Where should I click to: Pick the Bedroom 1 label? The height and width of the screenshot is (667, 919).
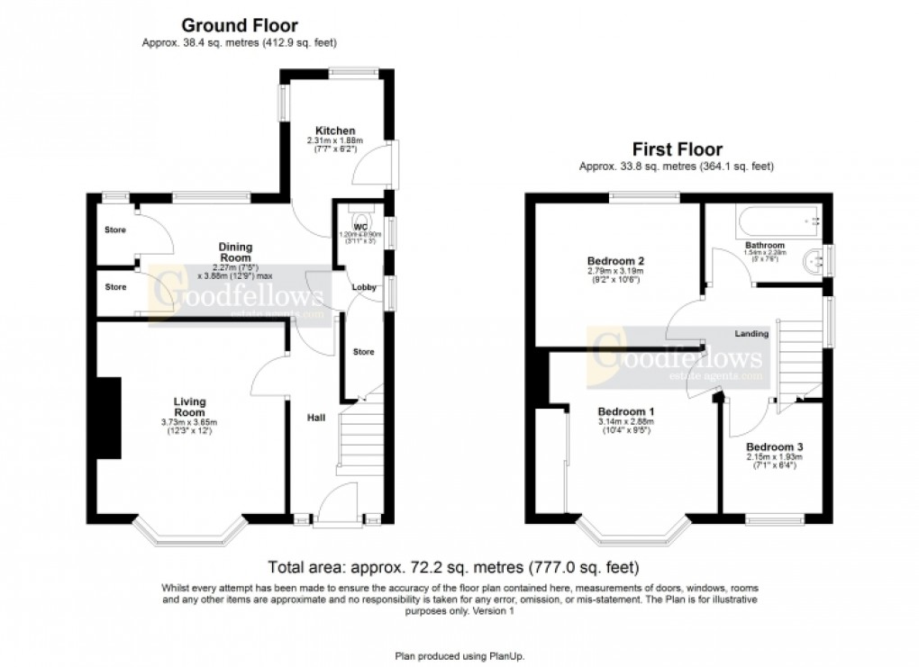pyautogui.click(x=623, y=411)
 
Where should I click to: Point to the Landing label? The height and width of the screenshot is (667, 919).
pyautogui.click(x=751, y=334)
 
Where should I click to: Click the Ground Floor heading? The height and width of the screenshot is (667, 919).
pyautogui.click(x=240, y=25)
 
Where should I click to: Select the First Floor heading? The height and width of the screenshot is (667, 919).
pyautogui.click(x=677, y=149)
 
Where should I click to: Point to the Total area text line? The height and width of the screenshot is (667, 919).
pyautogui.click(x=454, y=568)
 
